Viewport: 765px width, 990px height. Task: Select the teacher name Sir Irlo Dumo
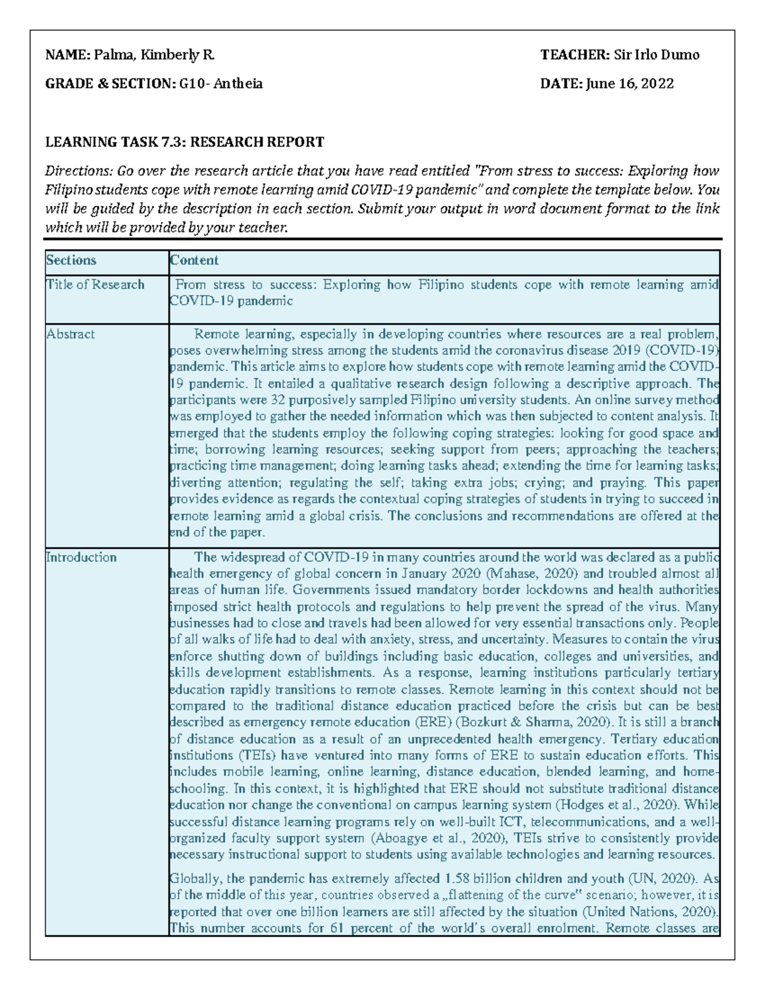click(x=657, y=55)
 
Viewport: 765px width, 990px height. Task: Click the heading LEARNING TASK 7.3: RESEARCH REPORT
click(x=184, y=142)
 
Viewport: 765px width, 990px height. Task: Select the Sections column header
click(x=71, y=260)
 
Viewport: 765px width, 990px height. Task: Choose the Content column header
click(x=194, y=260)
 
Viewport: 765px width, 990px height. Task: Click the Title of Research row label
click(x=95, y=285)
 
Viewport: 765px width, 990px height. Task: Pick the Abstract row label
click(x=71, y=334)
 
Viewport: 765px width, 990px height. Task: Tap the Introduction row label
click(x=81, y=557)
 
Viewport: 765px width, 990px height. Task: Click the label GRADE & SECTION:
click(x=110, y=84)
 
